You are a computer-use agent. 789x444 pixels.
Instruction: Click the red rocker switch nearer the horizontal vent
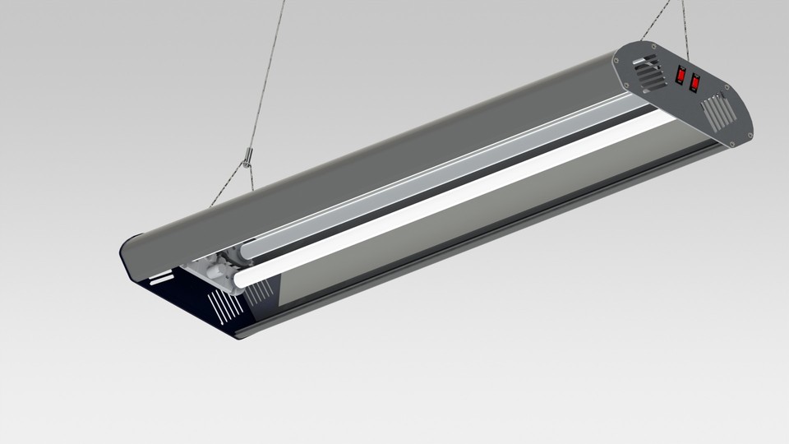(681, 75)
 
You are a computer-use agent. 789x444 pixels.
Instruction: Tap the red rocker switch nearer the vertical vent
(695, 83)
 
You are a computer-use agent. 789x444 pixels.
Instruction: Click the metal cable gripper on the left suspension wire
(247, 155)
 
